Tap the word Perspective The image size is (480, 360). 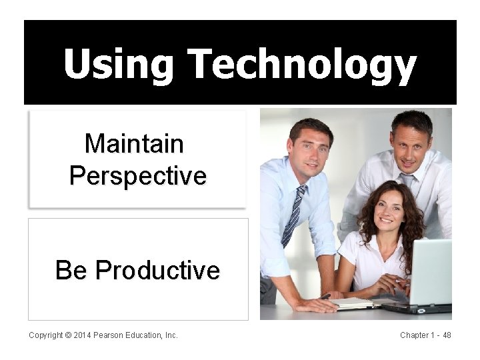pos(138,176)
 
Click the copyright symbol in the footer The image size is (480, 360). pos(68,335)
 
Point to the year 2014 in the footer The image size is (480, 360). pos(83,335)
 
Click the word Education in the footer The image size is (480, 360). pos(143,335)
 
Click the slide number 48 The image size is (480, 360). pos(447,335)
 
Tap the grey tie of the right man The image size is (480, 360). pos(406,181)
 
